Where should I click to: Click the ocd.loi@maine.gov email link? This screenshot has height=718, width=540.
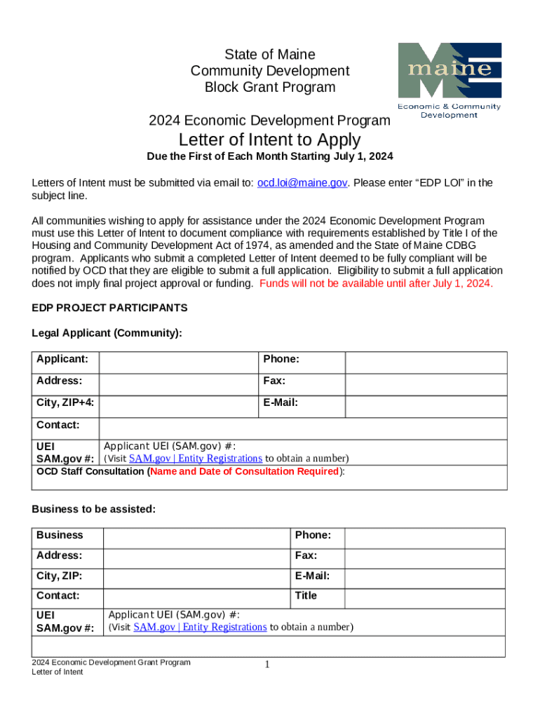tap(302, 182)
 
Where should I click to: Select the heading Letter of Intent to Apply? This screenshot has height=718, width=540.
tap(269, 140)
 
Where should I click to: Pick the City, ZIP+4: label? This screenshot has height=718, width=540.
tap(66, 402)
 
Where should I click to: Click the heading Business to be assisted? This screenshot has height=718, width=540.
tap(94, 509)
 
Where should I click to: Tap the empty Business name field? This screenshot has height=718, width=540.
tap(196, 537)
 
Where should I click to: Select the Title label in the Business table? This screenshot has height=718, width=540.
tap(306, 595)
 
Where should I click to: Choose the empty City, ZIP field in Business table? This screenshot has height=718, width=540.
tap(196, 578)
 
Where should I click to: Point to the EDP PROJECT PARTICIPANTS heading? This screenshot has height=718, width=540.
tap(109, 308)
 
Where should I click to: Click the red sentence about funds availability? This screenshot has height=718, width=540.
tap(377, 283)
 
